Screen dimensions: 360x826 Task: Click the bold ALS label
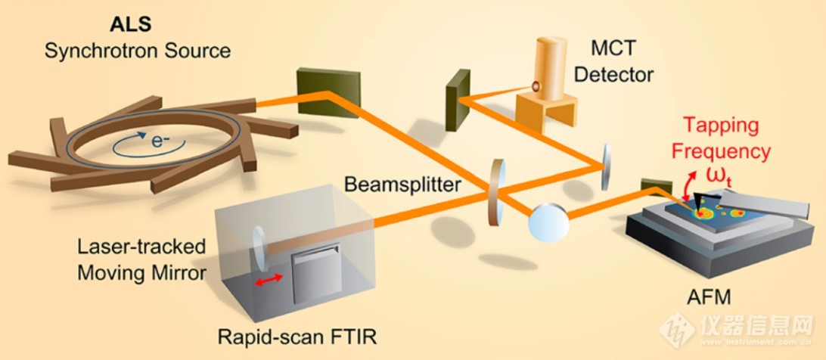coord(130,23)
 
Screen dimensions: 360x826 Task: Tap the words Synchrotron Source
coord(137,51)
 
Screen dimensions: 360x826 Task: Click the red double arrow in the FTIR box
coord(269,280)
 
